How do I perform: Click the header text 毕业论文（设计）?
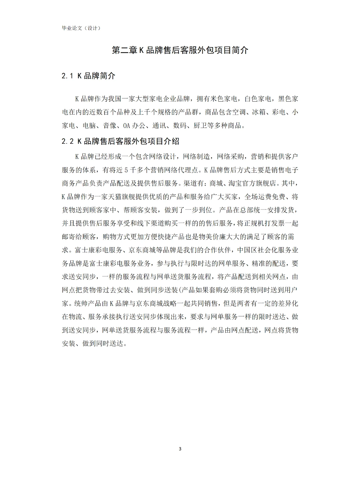tap(81, 28)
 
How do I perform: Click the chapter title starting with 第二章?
tap(180, 50)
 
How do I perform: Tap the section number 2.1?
tap(67, 76)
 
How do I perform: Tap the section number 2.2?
tap(67, 141)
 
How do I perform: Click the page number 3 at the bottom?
tap(180, 449)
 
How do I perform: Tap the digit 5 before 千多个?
tap(126, 170)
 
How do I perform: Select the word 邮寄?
tap(68, 237)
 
